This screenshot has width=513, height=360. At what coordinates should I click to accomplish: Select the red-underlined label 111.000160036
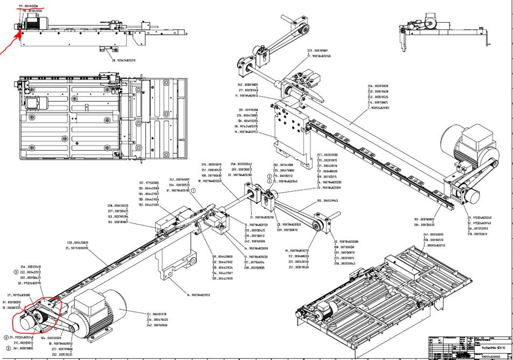tap(32, 6)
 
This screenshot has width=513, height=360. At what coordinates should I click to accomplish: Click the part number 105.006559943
tap(330, 201)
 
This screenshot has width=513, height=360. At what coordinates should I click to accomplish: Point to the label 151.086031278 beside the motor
tap(156, 314)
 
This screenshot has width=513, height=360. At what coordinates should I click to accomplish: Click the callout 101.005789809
tap(425, 220)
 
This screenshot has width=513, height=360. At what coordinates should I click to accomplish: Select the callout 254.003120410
tap(31, 267)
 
